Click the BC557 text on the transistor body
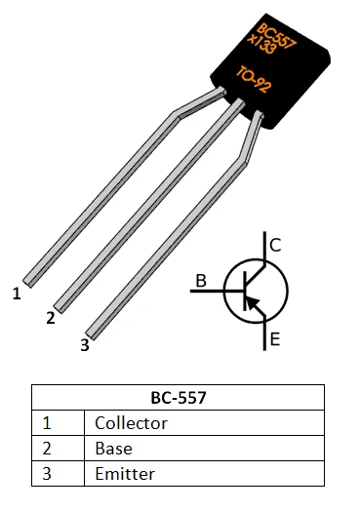[276, 32]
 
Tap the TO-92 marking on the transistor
[260, 81]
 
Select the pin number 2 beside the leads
[50, 318]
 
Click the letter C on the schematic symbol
[275, 246]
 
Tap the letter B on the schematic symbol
[201, 282]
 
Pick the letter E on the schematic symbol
[275, 339]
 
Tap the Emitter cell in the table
[125, 474]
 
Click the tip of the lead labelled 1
[29, 282]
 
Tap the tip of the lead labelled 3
[94, 334]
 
